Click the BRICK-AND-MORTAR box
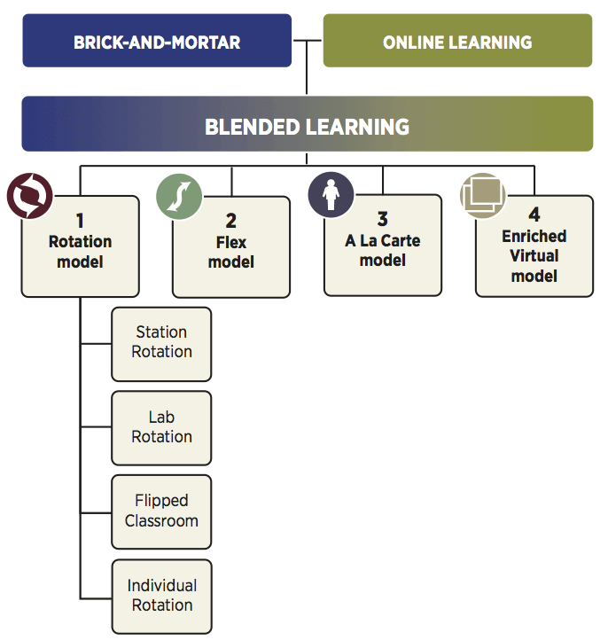pos(157,41)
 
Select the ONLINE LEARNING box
pos(457,41)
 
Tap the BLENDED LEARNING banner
pos(307,125)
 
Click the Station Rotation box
pos(161,342)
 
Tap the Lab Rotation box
pos(161,427)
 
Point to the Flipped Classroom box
pos(161,511)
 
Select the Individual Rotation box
pos(161,596)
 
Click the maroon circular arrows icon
pos(30,195)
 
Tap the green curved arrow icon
pos(180,195)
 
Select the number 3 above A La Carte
pos(383,219)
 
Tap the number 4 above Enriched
pos(534,215)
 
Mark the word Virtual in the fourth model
pos(534,256)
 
